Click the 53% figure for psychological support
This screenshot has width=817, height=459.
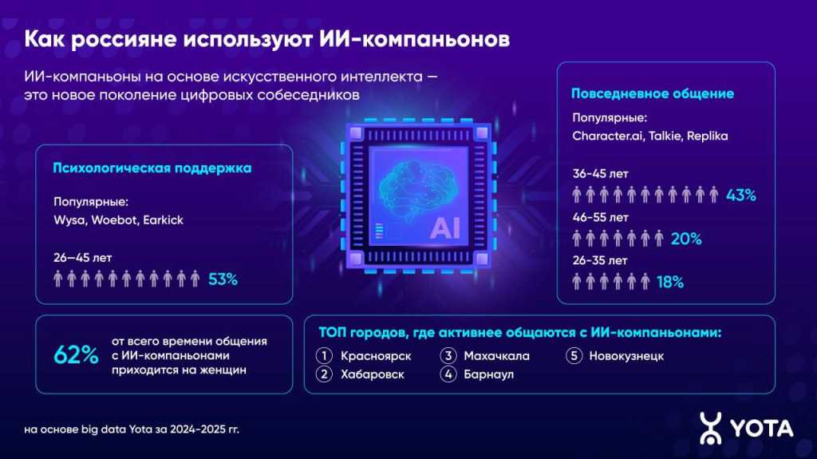point(223,279)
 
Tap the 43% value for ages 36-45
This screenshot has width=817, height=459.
point(740,195)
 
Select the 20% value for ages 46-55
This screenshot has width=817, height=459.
point(686,239)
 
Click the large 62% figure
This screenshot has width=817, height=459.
point(76,355)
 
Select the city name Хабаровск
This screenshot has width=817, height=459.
point(372,374)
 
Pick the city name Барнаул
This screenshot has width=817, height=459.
point(488,374)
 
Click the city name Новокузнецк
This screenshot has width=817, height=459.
point(626,356)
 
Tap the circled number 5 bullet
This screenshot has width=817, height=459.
point(574,356)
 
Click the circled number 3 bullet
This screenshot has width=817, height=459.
point(448,356)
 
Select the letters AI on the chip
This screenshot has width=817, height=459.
point(445,229)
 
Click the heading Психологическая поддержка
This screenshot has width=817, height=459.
point(152,168)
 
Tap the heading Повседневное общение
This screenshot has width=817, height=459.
point(653,93)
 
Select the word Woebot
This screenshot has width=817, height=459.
point(113,220)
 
